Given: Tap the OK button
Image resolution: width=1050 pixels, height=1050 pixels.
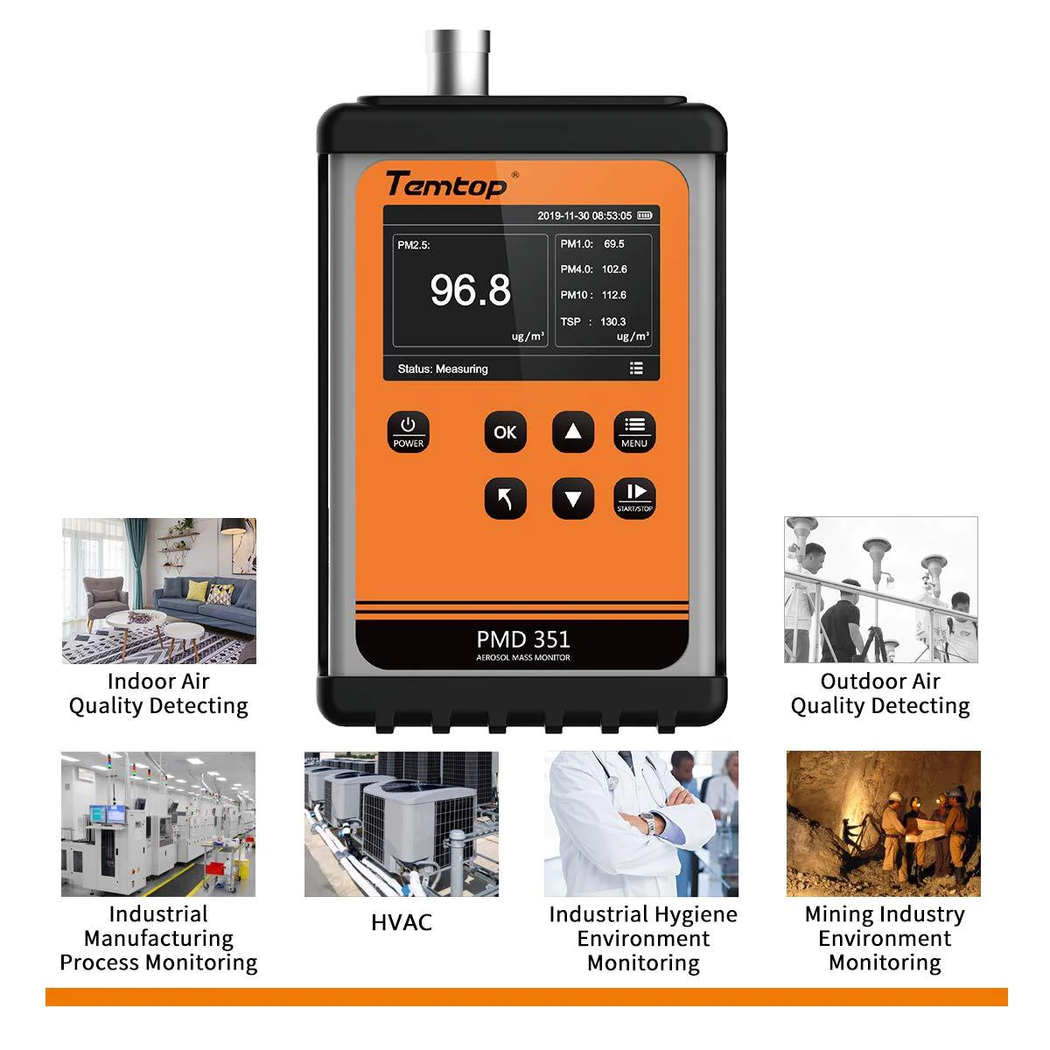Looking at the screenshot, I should pyautogui.click(x=505, y=431).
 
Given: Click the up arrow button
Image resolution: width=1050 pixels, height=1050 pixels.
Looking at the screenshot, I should pyautogui.click(x=573, y=431).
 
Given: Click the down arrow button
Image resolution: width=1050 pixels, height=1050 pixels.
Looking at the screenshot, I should pyautogui.click(x=573, y=499).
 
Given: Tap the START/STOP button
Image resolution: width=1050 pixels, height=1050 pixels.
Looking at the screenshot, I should pyautogui.click(x=634, y=499).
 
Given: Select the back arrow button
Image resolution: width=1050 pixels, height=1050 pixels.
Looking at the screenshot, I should pyautogui.click(x=505, y=499).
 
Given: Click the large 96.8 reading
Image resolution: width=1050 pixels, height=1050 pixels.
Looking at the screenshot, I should pyautogui.click(x=470, y=290).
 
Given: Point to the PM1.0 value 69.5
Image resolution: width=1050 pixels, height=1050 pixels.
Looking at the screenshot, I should pyautogui.click(x=614, y=243).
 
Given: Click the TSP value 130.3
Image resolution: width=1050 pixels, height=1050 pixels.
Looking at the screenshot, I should pyautogui.click(x=612, y=322).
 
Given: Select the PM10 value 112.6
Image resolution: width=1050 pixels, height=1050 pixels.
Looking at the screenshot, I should pyautogui.click(x=614, y=295).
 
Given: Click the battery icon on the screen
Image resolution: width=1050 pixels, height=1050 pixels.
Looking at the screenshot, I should pyautogui.click(x=645, y=215).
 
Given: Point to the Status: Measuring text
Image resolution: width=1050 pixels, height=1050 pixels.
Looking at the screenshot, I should pyautogui.click(x=443, y=369).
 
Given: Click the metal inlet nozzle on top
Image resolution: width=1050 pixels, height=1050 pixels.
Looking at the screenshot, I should pyautogui.click(x=454, y=61).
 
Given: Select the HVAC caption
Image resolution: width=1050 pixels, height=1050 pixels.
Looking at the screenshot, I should pyautogui.click(x=402, y=922).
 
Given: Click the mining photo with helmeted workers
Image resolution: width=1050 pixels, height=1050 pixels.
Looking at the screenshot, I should pyautogui.click(x=883, y=823).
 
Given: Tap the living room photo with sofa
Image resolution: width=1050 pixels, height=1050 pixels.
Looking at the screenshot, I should pyautogui.click(x=158, y=591).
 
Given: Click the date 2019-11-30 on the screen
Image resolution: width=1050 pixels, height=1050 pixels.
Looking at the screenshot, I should pyautogui.click(x=564, y=215).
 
